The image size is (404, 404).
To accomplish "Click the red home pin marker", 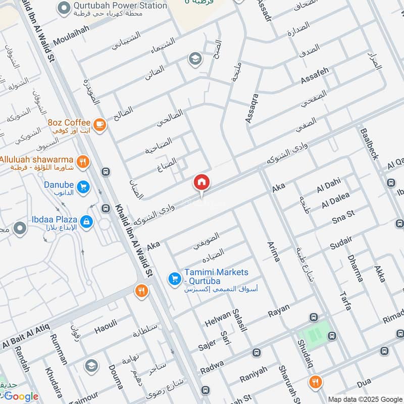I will coord(201,182).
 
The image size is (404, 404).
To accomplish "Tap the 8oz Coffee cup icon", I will coord(99,123).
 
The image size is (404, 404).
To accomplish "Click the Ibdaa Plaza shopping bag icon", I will coord(86,221).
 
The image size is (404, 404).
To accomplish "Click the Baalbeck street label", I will coord(369,144).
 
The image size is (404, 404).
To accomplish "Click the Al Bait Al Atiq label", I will coord(25,337).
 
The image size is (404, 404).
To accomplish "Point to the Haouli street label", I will coord(106,327).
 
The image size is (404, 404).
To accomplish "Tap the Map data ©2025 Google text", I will coord(365,398).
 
